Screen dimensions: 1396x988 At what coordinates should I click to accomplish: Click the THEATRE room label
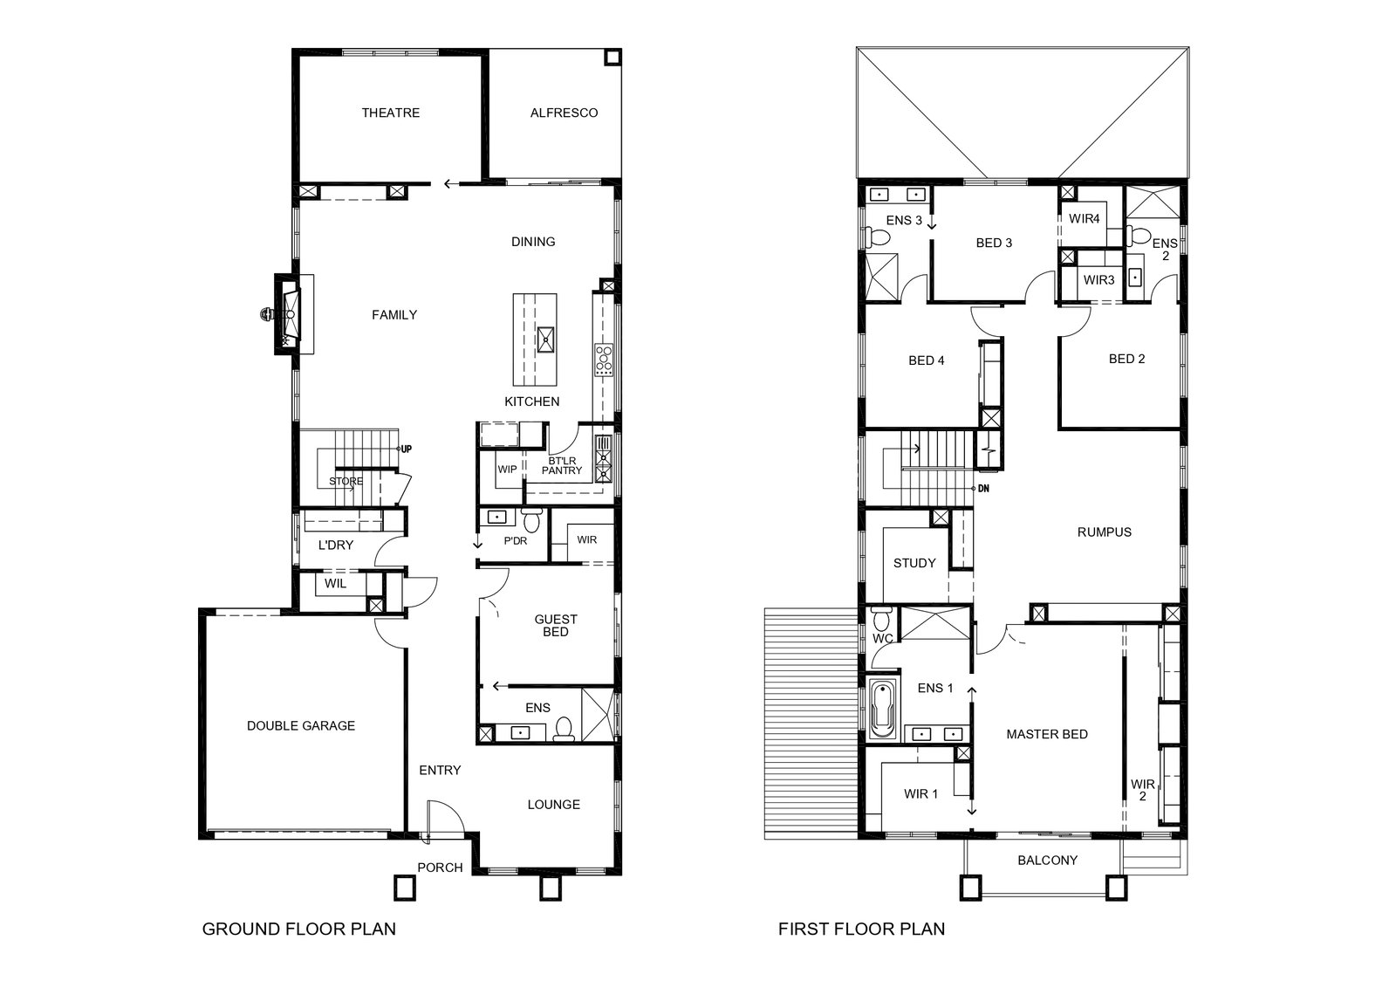tap(391, 113)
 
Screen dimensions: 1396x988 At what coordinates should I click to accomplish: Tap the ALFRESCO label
tap(564, 113)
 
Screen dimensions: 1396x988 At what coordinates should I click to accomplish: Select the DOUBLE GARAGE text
tap(301, 725)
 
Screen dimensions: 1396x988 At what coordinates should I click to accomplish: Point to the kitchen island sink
tap(545, 340)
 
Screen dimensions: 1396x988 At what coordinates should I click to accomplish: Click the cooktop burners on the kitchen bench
tap(603, 360)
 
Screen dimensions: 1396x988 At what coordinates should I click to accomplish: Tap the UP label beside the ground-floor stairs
tap(407, 449)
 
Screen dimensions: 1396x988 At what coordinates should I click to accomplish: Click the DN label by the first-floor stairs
tap(983, 489)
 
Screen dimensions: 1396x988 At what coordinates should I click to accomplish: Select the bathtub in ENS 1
tap(882, 710)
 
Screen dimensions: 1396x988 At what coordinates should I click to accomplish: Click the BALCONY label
tap(1048, 861)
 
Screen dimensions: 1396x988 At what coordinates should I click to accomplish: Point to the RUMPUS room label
tap(1105, 532)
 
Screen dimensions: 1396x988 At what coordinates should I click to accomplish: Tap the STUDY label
tap(914, 563)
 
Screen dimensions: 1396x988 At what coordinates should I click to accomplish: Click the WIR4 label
tap(1085, 219)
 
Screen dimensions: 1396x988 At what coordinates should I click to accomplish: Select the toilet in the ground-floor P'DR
tap(531, 520)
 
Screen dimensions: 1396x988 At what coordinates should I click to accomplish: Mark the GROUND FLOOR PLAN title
tap(299, 929)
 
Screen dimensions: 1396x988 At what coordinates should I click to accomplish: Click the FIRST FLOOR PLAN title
tap(861, 929)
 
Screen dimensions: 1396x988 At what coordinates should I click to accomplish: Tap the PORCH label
tap(440, 868)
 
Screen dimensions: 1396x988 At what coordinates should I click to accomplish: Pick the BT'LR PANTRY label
tap(562, 466)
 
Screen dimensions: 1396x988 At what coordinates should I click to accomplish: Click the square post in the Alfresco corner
tap(612, 58)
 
